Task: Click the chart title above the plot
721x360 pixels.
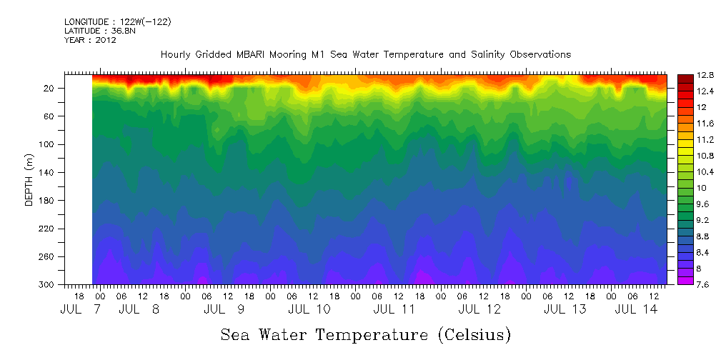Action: click(x=365, y=54)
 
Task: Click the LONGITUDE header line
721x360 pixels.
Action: click(x=117, y=22)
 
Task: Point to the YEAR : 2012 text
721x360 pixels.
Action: click(x=90, y=40)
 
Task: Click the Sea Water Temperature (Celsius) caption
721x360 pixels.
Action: click(x=365, y=334)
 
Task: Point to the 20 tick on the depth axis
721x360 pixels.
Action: click(x=50, y=88)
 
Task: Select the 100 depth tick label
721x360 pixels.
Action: click(x=48, y=144)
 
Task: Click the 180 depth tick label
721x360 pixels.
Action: click(x=48, y=201)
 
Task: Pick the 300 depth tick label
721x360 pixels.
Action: click(x=48, y=285)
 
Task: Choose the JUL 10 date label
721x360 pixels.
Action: click(x=309, y=309)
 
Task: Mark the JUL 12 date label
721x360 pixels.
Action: click(x=479, y=309)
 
